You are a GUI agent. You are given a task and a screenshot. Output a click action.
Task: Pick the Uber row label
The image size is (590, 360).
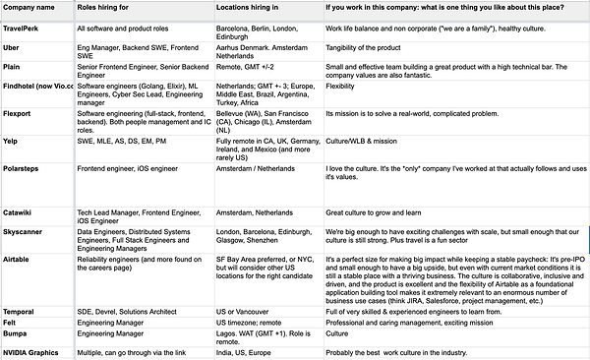coord(15,48)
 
